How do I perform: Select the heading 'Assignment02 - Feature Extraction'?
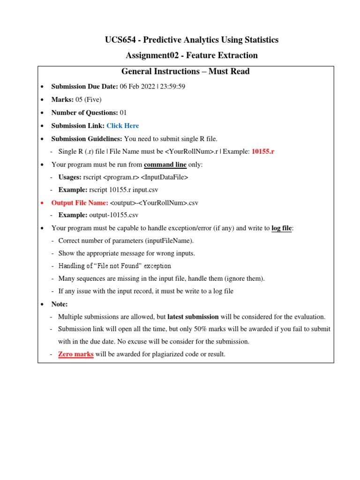click(x=192, y=55)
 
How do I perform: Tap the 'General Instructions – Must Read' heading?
click(x=185, y=72)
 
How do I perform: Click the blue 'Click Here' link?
click(x=123, y=126)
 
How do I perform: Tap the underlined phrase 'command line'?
click(x=165, y=165)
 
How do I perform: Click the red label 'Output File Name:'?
click(x=80, y=202)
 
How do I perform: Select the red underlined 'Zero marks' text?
click(x=76, y=354)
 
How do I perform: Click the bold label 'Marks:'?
click(x=62, y=99)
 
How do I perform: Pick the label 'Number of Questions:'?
click(x=85, y=112)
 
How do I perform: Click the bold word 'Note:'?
click(x=60, y=304)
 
